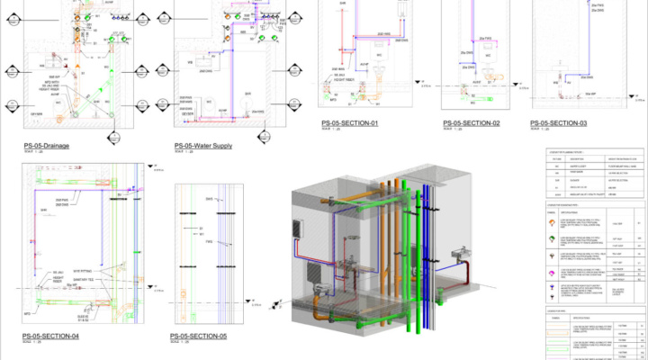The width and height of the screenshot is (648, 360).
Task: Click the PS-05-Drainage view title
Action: click(47, 145)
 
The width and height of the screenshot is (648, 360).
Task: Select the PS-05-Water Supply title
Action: click(204, 145)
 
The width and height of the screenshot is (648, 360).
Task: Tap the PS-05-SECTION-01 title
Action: click(350, 123)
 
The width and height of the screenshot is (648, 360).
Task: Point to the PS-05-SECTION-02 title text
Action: click(471, 122)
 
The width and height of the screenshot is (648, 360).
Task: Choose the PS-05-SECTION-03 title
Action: click(558, 122)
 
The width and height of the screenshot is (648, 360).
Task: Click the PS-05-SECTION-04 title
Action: click(51, 337)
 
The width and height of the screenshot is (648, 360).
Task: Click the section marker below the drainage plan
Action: click(114, 138)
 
